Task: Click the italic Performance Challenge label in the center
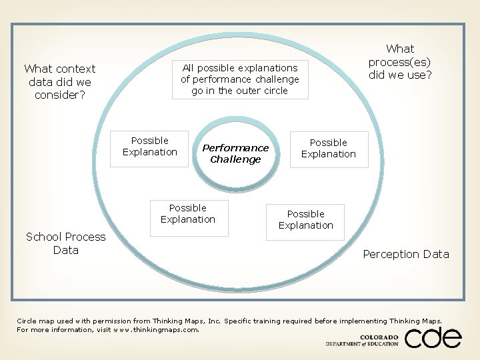[235, 153]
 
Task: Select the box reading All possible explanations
[240, 79]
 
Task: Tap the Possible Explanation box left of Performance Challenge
[150, 146]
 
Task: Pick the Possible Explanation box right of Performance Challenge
[328, 148]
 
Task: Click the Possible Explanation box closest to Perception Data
[305, 220]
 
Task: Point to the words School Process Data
[65, 243]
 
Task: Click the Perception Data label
[406, 254]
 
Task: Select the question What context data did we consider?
[60, 81]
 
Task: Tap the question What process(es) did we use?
[400, 61]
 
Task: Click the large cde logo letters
[433, 338]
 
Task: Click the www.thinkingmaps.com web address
[157, 329]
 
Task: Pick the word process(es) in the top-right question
[400, 61]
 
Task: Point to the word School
[43, 237]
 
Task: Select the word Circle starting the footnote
[27, 321]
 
